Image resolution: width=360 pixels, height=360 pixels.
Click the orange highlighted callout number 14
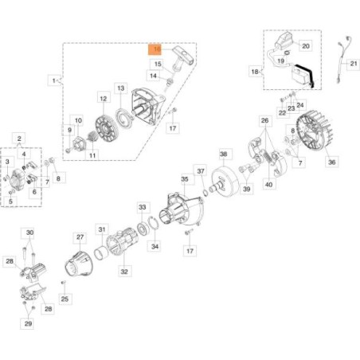156,49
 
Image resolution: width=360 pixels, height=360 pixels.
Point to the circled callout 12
103,98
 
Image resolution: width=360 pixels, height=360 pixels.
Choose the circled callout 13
120,87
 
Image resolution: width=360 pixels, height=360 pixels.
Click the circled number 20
305,46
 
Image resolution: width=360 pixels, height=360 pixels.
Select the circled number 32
124,271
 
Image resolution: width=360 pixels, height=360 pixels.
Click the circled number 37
201,170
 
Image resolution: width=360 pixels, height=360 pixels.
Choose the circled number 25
65,299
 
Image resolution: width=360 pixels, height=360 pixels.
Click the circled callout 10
78,119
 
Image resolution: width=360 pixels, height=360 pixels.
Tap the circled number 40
269,185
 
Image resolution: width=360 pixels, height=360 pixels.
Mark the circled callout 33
143,206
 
